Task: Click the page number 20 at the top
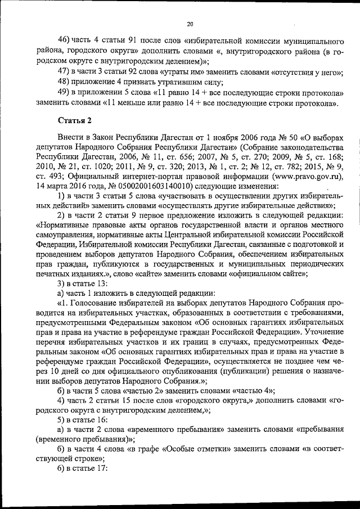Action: pos(190,24)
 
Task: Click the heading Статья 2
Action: pos(75,120)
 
